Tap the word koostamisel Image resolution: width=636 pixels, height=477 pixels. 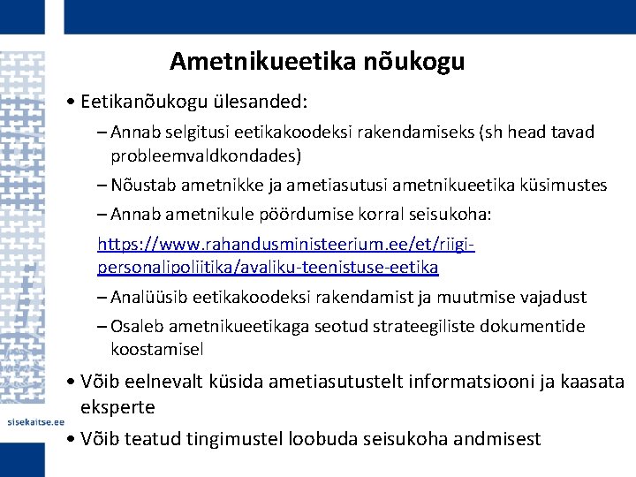[x=156, y=350]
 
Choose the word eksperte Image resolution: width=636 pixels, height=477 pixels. [x=117, y=407]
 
